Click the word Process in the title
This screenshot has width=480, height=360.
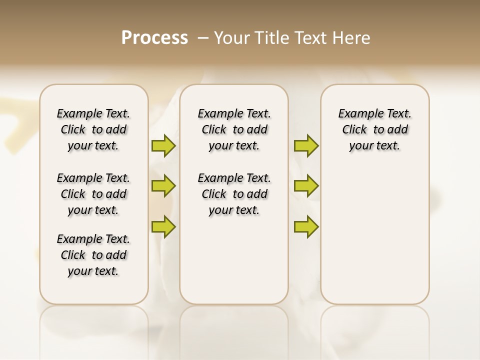coord(154,38)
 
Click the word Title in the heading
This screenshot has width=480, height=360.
coord(272,38)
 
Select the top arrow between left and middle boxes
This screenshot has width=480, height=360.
coord(163,145)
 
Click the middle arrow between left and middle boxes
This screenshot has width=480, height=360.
coord(163,186)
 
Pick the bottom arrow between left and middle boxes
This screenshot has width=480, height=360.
coord(163,226)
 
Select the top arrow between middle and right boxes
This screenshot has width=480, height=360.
coord(306,145)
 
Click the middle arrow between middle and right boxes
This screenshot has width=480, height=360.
coord(306,186)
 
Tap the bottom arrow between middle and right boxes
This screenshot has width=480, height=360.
coord(306,226)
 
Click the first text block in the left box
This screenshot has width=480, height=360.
coord(93,129)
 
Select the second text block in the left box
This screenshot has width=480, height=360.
coord(93,194)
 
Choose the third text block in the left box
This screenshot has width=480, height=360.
coord(93,255)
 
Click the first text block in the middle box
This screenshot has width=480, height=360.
coord(234,129)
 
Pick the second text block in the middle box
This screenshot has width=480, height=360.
coord(234,194)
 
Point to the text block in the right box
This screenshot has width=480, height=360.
coord(374,129)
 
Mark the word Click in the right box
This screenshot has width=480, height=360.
coord(354,130)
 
